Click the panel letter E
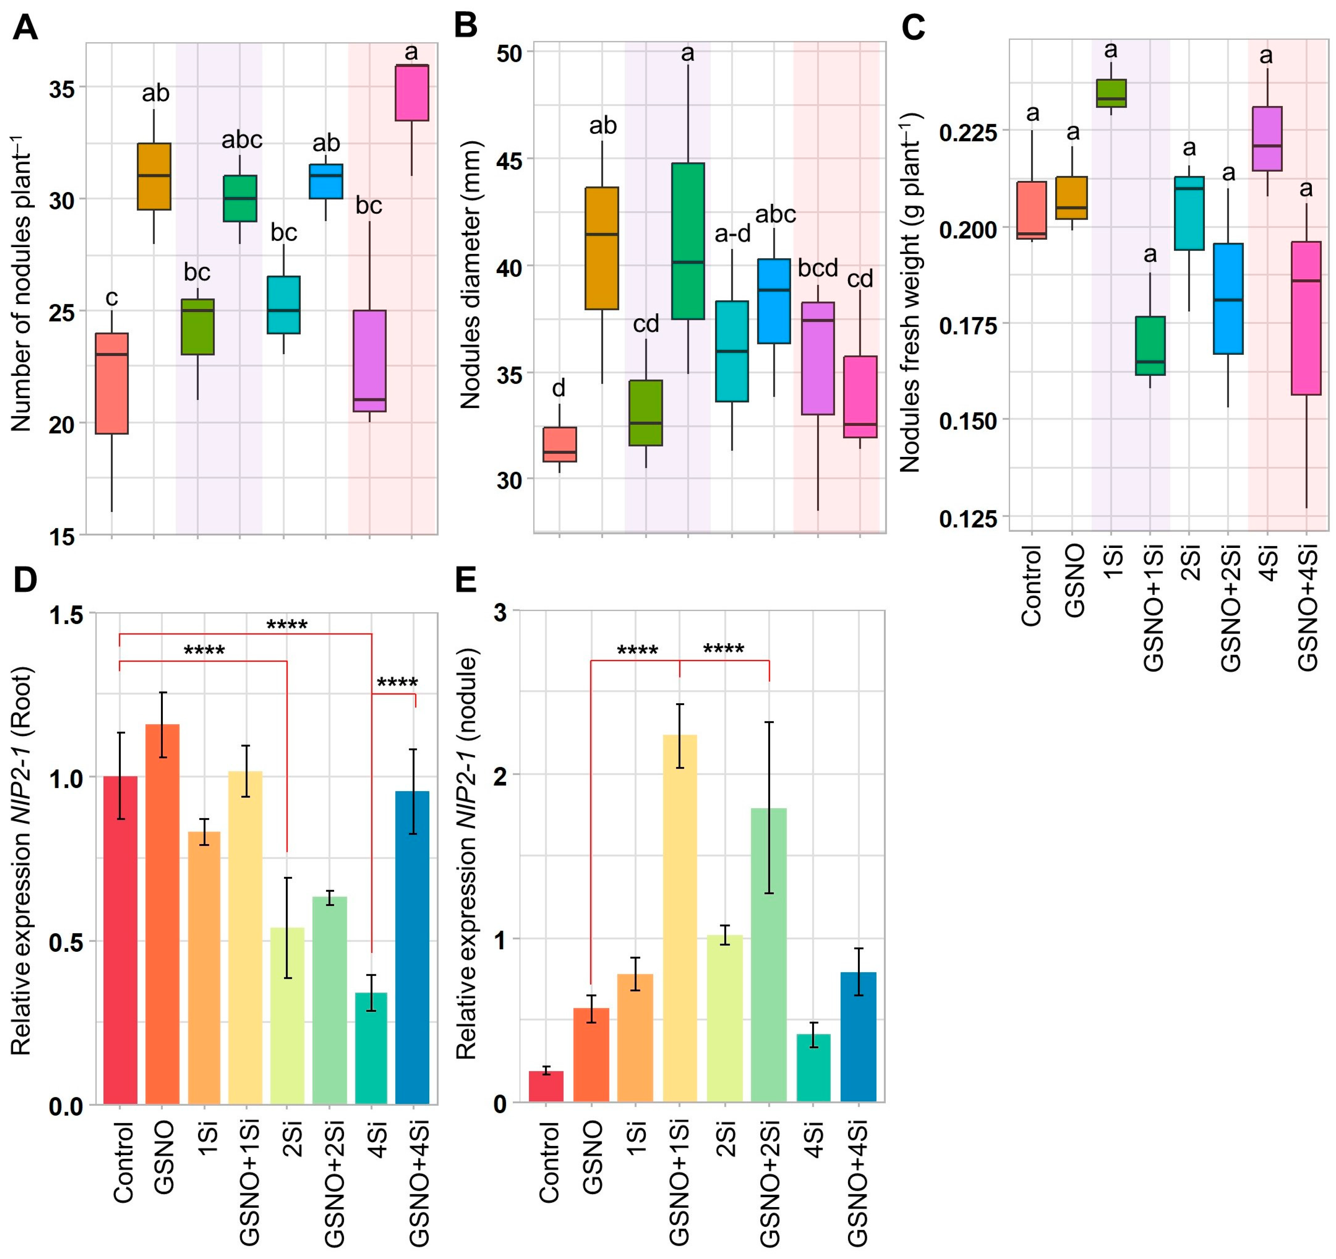[466, 580]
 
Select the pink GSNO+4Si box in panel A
[412, 93]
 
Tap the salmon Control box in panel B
[559, 444]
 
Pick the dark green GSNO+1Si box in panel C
[1150, 346]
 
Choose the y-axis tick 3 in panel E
[500, 612]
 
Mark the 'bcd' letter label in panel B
[818, 268]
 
